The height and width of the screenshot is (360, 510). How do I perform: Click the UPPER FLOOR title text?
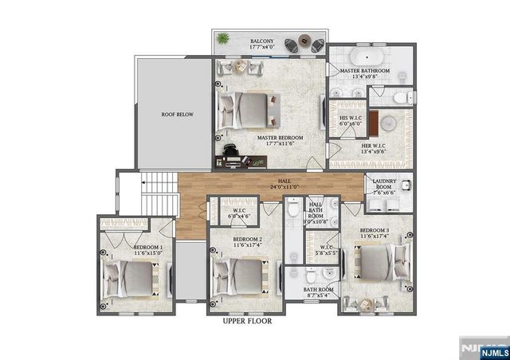[x=246, y=322]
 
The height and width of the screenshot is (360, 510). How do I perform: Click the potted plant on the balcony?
[x=223, y=38]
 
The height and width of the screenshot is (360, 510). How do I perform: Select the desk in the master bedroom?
[x=243, y=161]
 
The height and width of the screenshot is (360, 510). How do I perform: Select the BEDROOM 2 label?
[x=247, y=241]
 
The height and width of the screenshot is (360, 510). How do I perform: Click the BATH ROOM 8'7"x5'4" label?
[x=320, y=292]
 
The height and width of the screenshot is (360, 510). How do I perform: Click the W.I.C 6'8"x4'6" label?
[x=240, y=214]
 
